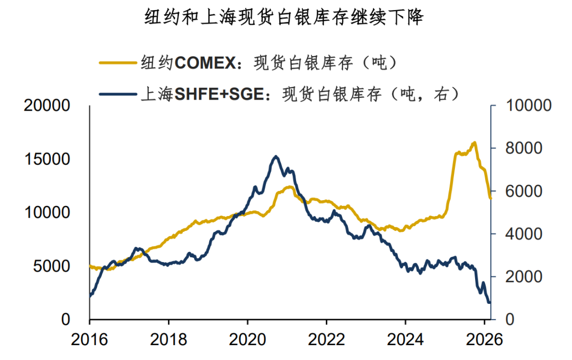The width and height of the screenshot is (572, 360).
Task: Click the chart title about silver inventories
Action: pos(284,19)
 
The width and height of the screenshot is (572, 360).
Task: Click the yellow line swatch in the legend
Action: pos(118,62)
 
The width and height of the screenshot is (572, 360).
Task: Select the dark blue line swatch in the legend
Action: pos(118,94)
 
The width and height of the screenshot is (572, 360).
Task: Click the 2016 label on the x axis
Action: pos(90,339)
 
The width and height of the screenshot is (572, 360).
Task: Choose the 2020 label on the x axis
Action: pos(247,339)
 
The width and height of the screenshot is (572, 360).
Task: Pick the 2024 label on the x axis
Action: pos(405,339)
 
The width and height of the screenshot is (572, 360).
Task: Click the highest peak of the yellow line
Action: pos(474,142)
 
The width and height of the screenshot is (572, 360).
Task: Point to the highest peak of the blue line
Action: pos(275,156)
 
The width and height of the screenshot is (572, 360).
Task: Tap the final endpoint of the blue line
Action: pos(489,302)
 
